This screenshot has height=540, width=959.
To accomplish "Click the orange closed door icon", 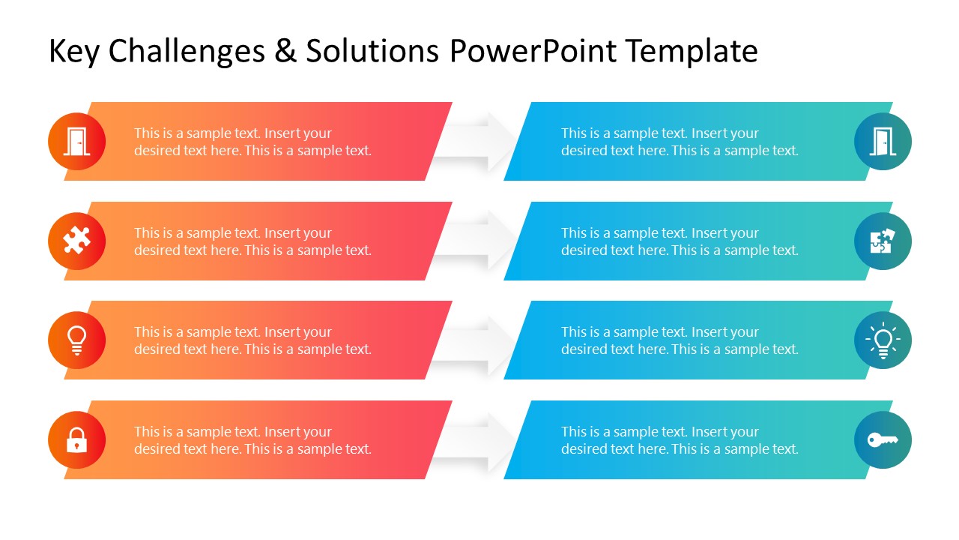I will coord(76,141).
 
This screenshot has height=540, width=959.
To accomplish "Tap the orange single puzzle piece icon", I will coord(76,241).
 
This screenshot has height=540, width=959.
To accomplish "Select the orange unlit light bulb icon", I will coord(76,340).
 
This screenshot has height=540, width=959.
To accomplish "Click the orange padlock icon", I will coord(76,439).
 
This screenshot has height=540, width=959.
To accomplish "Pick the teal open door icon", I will coord(883,141).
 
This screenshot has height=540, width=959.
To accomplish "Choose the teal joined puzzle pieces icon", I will coord(883,241).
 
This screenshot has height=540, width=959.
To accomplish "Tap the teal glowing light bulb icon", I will coord(883,340).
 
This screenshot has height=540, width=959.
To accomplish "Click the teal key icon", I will coord(883,439).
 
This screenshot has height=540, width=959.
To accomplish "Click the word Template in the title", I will coord(691,51).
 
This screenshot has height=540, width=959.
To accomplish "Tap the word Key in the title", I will coord(73,51).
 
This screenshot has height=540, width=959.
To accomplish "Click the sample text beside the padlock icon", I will coord(252,440).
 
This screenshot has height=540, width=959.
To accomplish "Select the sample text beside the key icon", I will coord(680,440).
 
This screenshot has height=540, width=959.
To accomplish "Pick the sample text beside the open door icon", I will coord(680,142).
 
